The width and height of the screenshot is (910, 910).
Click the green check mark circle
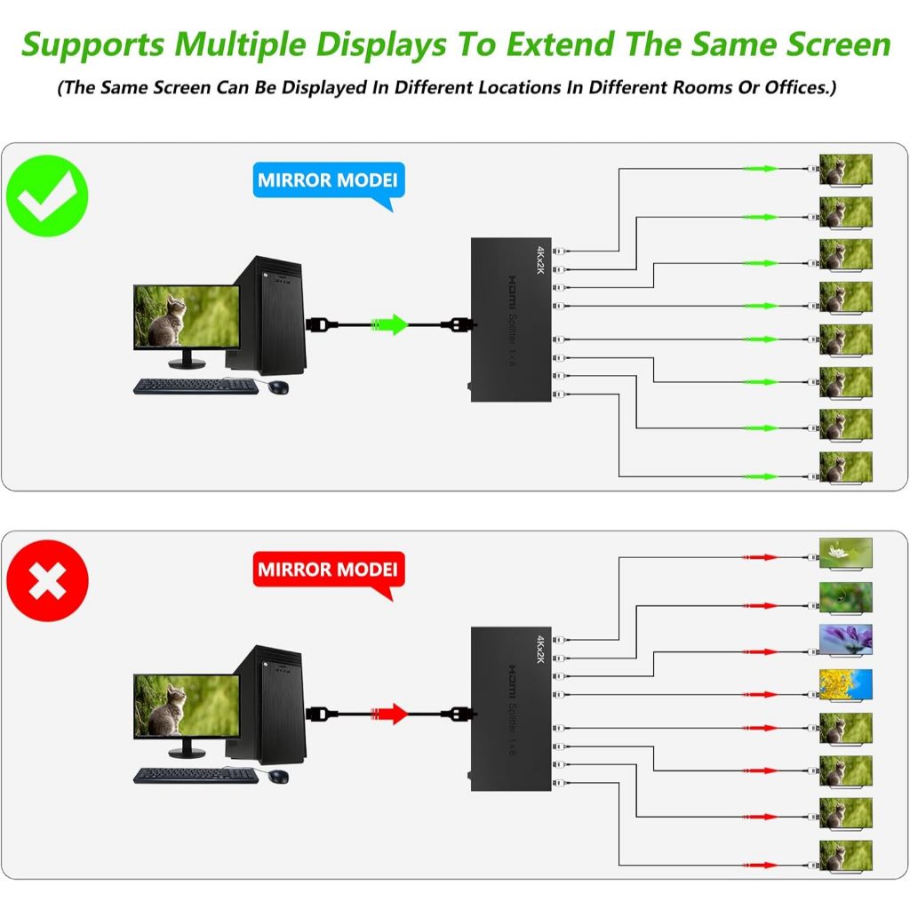(47, 196)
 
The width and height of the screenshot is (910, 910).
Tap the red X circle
(47, 581)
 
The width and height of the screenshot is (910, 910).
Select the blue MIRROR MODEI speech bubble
(329, 181)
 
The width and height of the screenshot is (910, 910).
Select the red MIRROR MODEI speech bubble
(329, 571)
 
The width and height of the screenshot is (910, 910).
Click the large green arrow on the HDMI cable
(389, 324)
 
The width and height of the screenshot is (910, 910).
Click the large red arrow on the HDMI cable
(389, 714)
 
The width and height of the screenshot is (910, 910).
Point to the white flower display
(846, 554)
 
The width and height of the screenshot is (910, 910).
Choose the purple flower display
(846, 640)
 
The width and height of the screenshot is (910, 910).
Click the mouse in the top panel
(278, 387)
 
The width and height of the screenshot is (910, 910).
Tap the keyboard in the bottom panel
(196, 776)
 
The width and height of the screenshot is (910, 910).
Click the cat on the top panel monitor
(166, 320)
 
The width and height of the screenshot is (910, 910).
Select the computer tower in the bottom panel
(267, 705)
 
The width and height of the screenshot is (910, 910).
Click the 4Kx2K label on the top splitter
(539, 259)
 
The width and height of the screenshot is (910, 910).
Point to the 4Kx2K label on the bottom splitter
(539, 649)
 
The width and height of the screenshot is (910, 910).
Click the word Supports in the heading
(93, 45)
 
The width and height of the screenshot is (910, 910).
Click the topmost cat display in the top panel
(846, 170)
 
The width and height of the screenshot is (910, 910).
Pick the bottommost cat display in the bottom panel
(846, 856)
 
